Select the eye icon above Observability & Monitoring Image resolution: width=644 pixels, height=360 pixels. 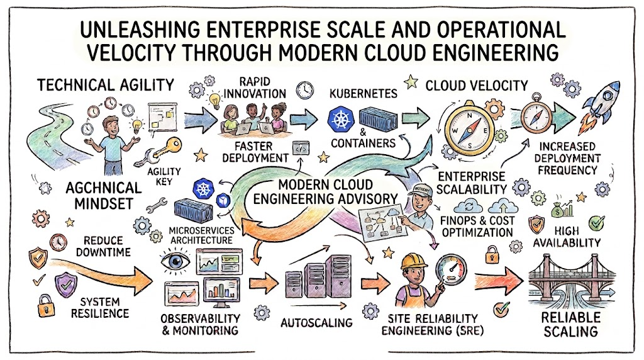pyautogui.click(x=176, y=261)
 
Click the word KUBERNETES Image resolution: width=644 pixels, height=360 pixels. pyautogui.click(x=364, y=94)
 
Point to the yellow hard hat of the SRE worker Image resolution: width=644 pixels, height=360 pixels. pyautogui.click(x=414, y=261)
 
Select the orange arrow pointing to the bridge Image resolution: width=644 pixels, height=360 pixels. pyautogui.click(x=498, y=281)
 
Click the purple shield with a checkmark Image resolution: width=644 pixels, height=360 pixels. pyautogui.click(x=65, y=285)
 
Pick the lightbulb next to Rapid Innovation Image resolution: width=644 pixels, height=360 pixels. pyautogui.click(x=214, y=100)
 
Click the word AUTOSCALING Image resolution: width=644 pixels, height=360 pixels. pyautogui.click(x=316, y=323)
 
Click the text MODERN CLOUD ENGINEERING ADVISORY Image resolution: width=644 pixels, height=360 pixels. pyautogui.click(x=325, y=191)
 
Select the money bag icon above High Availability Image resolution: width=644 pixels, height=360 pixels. pyautogui.click(x=558, y=210)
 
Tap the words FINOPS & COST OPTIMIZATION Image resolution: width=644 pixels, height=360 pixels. pyautogui.click(x=477, y=226)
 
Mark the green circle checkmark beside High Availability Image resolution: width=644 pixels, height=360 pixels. pyautogui.click(x=596, y=223)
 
